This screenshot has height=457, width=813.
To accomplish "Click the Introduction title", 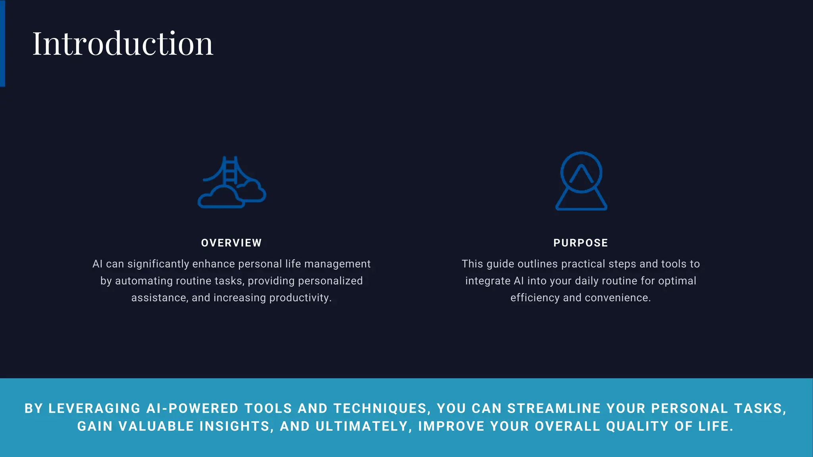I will tap(123, 43).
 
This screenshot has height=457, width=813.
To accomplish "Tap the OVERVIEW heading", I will tap(231, 243).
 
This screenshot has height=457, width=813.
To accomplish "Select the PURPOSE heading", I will tap(580, 243).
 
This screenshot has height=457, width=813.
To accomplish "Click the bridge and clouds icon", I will tap(232, 182).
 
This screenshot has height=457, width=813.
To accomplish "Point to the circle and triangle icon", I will tap(581, 181).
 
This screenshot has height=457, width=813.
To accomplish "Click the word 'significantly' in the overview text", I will tap(158, 264).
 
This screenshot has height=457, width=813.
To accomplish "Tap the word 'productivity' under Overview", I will tap(300, 298).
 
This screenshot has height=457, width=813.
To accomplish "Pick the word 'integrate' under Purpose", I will tap(487, 281).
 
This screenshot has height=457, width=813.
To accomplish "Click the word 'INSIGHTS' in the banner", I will tap(237, 426).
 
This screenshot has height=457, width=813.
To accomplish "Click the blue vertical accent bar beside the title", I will tap(2, 43).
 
